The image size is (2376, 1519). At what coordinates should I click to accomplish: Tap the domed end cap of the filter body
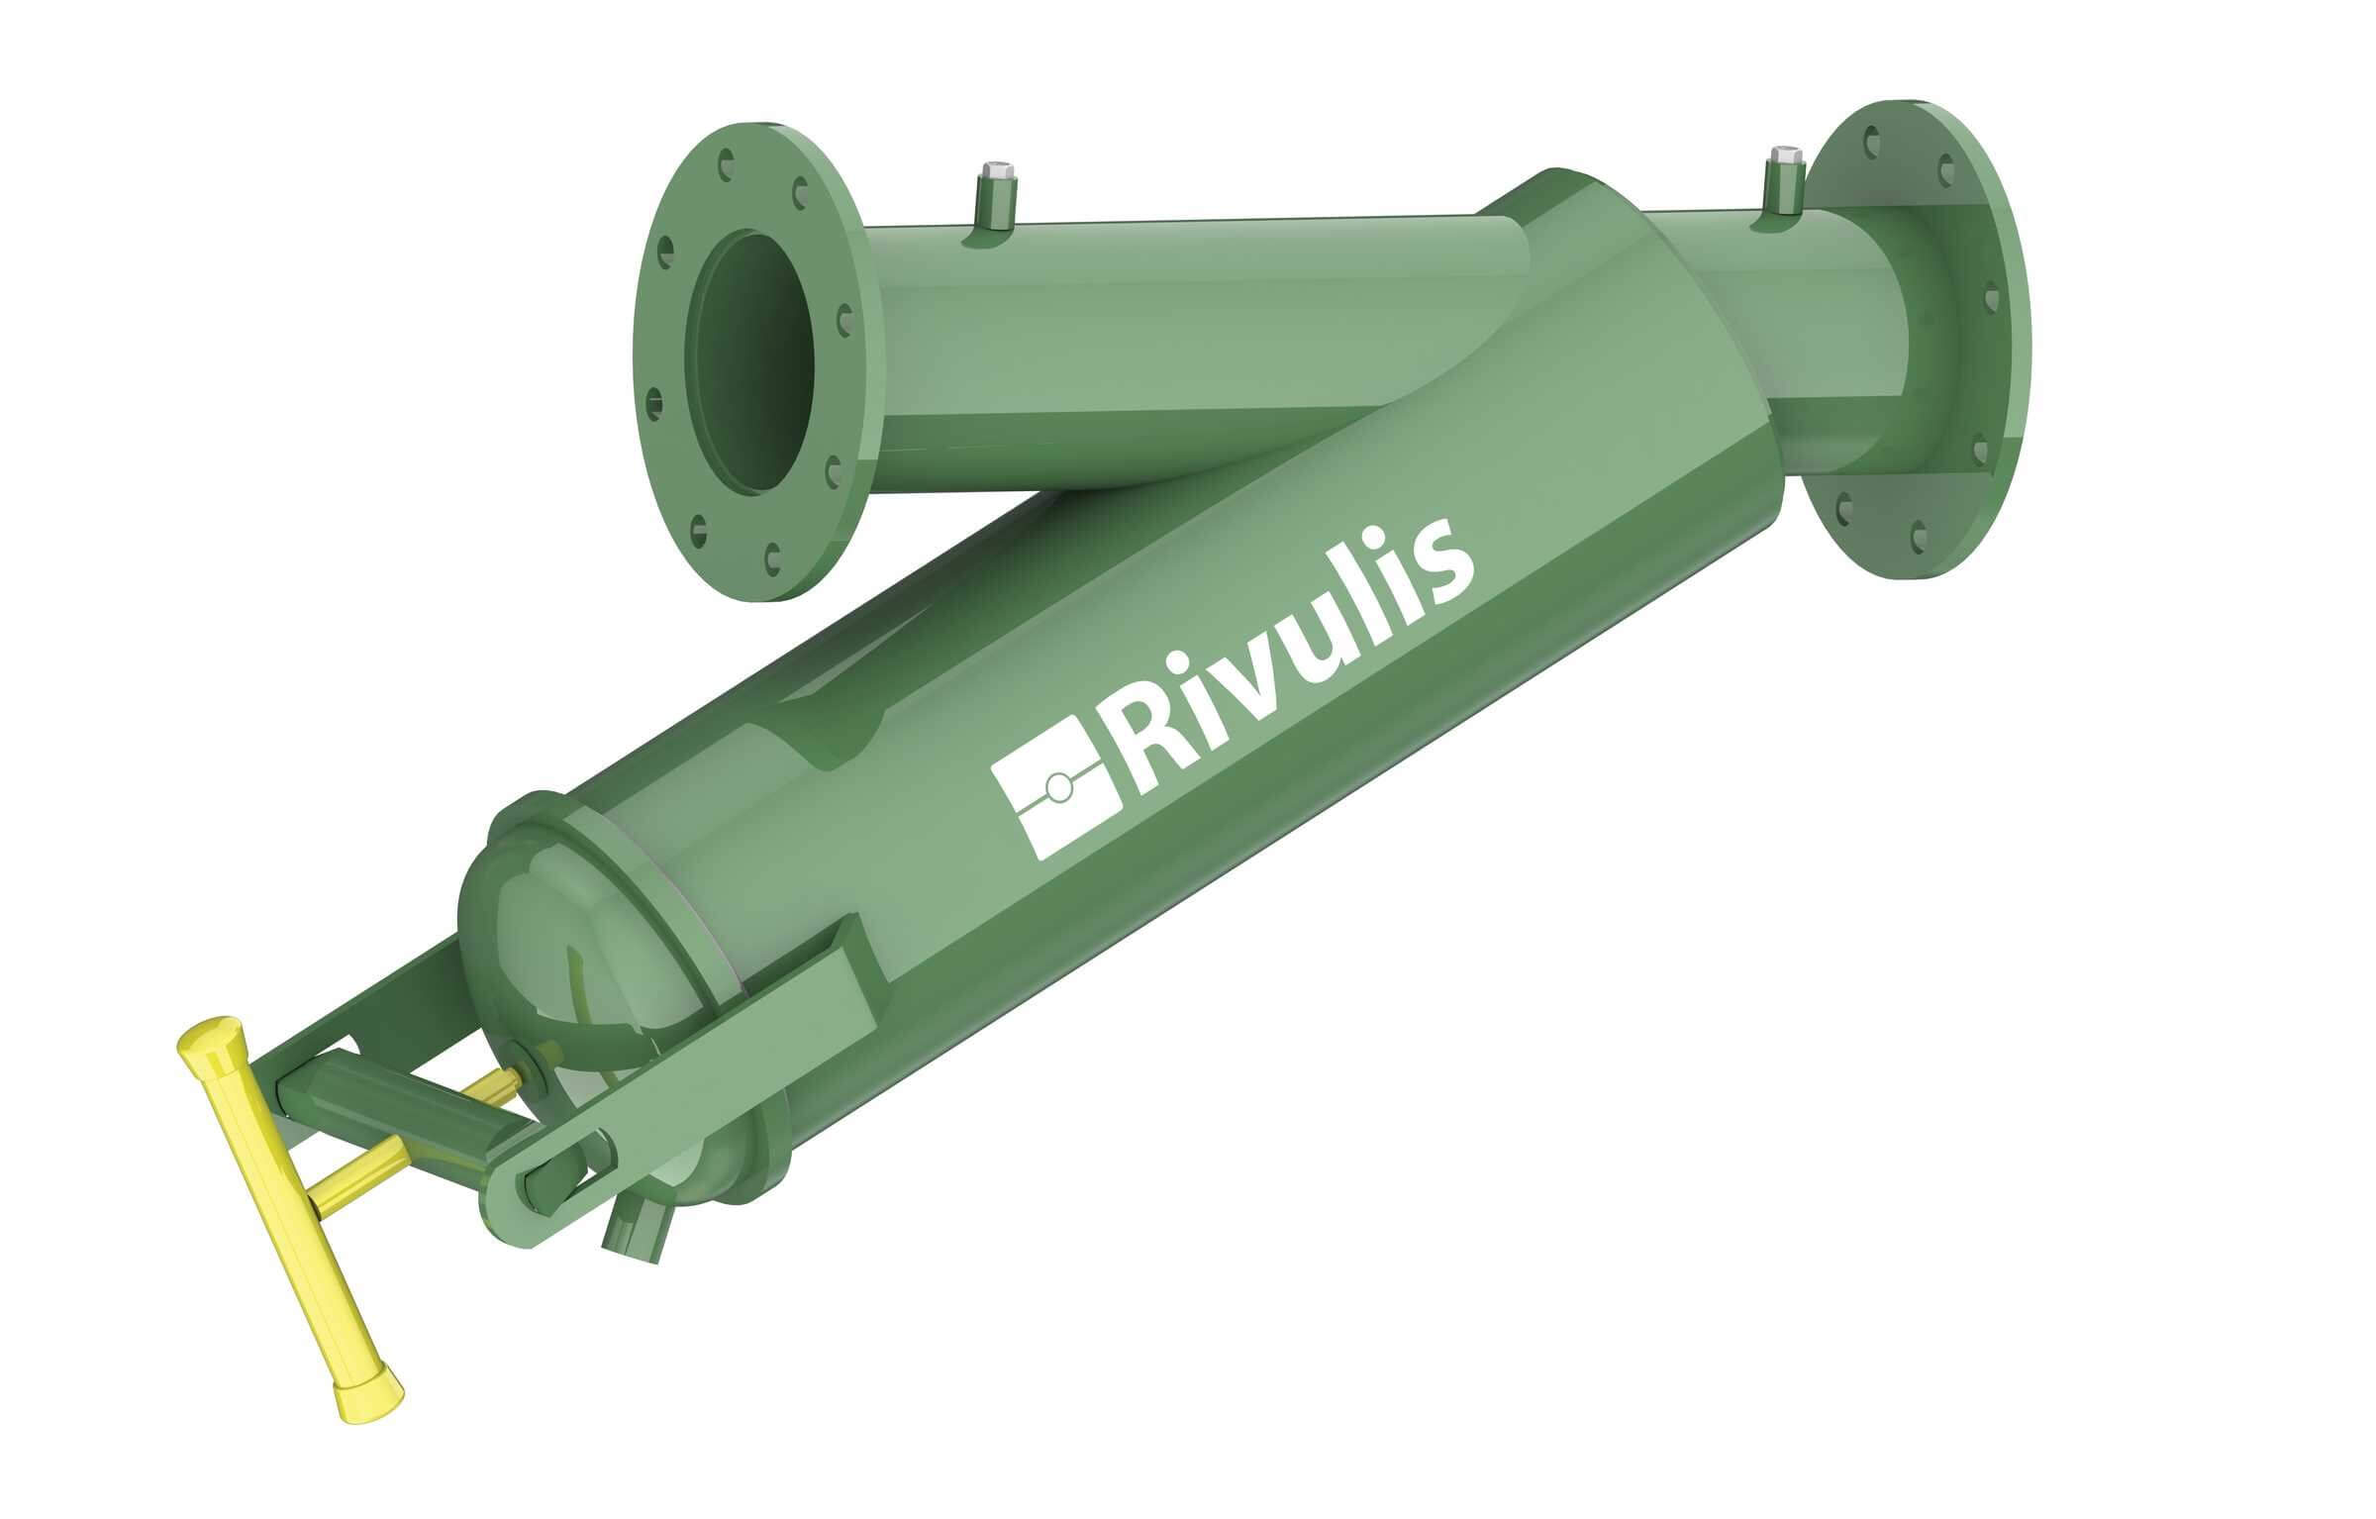[564, 951]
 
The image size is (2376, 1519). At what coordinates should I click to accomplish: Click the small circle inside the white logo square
[1057, 787]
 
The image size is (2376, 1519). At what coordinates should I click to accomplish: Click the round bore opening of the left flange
[756, 362]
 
